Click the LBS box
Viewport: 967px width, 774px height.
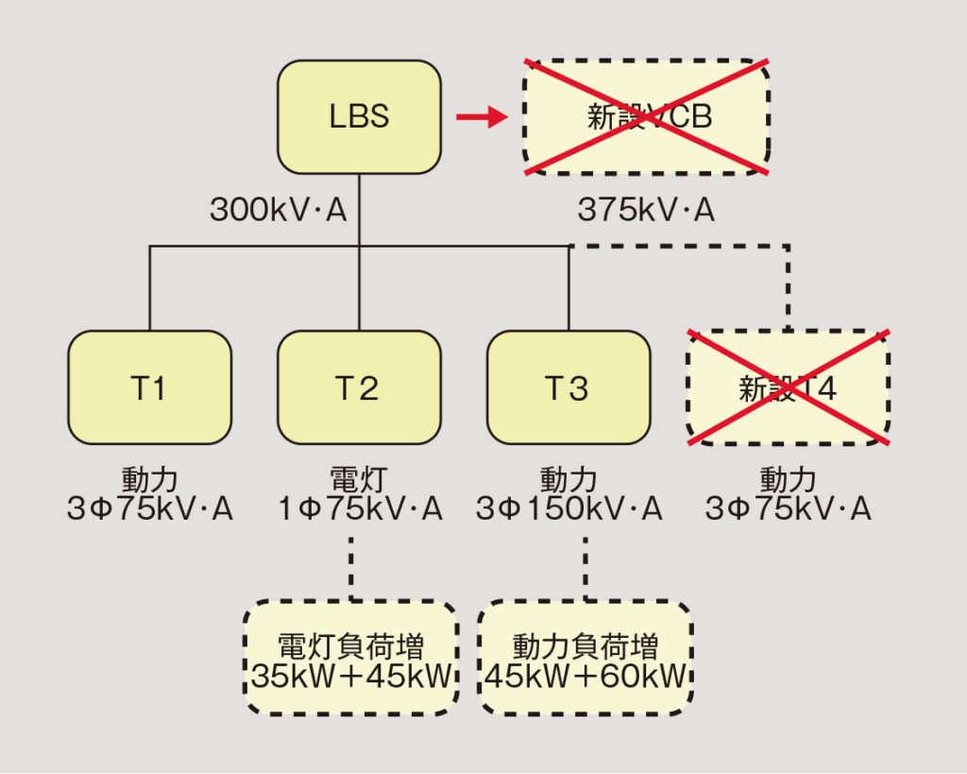pos(359,117)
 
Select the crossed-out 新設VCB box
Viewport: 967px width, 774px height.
pos(647,117)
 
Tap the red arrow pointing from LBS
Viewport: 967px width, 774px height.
pos(482,117)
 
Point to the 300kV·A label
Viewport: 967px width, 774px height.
pos(279,210)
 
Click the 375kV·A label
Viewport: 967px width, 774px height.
pos(647,210)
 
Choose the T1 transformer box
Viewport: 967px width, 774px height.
pos(149,387)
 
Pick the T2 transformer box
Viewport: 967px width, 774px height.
pos(359,387)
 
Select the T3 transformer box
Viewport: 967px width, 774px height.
pos(568,387)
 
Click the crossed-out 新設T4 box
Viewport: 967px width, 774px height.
pos(788,387)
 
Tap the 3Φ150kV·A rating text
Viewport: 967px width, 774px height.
pos(568,510)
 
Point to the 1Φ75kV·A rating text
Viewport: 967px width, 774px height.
pos(359,510)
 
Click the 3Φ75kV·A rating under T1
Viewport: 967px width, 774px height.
pos(149,510)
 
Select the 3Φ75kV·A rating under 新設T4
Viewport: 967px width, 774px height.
pos(788,510)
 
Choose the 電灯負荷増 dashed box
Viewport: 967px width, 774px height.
pos(351,658)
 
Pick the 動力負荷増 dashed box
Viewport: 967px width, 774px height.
pos(585,658)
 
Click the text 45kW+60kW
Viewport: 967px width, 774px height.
pos(585,677)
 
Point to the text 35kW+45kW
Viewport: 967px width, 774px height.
pos(351,677)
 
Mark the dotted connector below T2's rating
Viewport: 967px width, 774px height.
pos(351,567)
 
